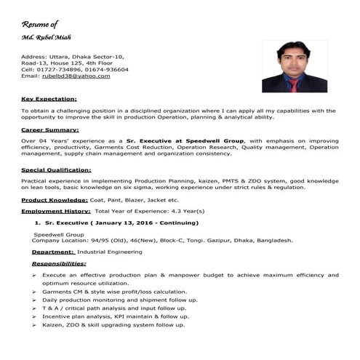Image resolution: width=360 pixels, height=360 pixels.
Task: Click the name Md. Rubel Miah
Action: (x=47, y=37)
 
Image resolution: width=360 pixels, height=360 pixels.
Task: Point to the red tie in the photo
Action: (x=293, y=84)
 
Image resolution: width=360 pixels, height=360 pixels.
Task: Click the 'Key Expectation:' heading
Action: (x=49, y=98)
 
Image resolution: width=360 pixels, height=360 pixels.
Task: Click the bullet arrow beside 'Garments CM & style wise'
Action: (x=34, y=292)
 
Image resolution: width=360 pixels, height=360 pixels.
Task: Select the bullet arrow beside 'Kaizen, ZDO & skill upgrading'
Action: (x=34, y=324)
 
